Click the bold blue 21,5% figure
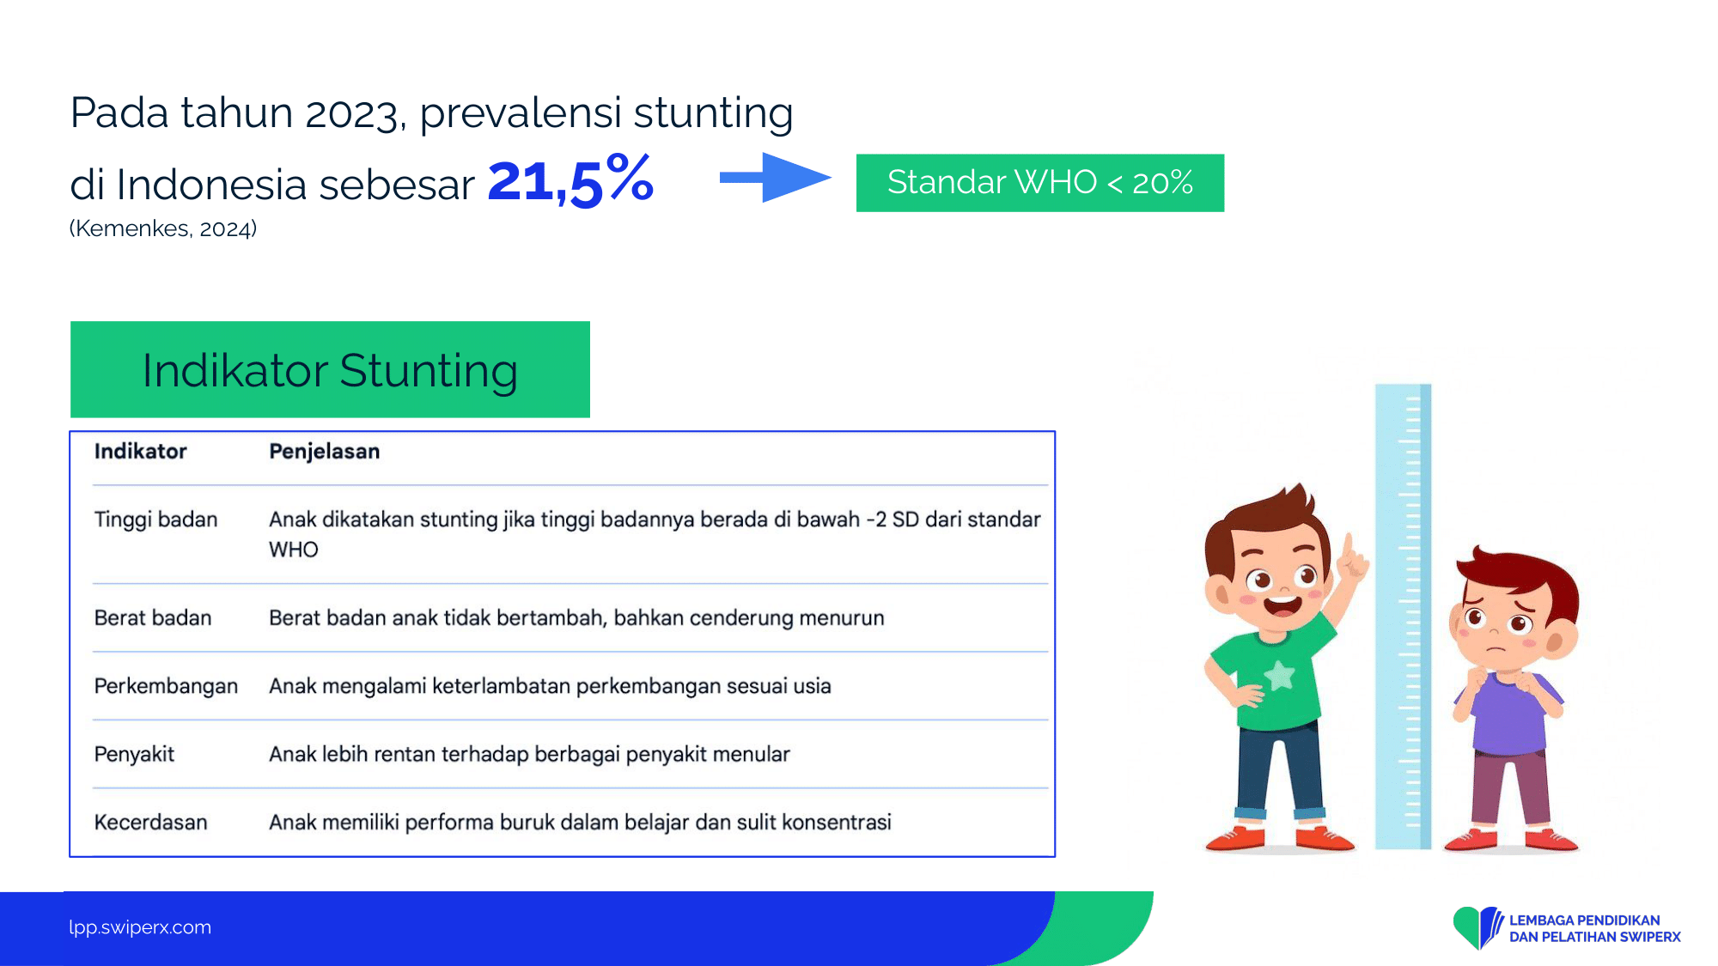click(571, 180)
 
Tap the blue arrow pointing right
click(775, 178)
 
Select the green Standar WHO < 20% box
click(1040, 183)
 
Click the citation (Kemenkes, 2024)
click(163, 228)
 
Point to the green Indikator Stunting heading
click(330, 370)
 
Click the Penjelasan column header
click(324, 452)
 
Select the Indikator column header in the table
click(140, 452)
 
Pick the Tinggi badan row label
click(155, 519)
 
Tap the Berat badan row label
click(153, 618)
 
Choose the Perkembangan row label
click(166, 687)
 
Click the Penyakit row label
click(134, 755)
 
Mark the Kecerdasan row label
click(150, 823)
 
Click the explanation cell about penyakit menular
click(529, 755)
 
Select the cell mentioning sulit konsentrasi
click(580, 823)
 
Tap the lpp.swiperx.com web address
click(140, 927)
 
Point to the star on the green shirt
click(1279, 675)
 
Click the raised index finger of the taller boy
click(1349, 547)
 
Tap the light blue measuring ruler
click(1404, 617)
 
